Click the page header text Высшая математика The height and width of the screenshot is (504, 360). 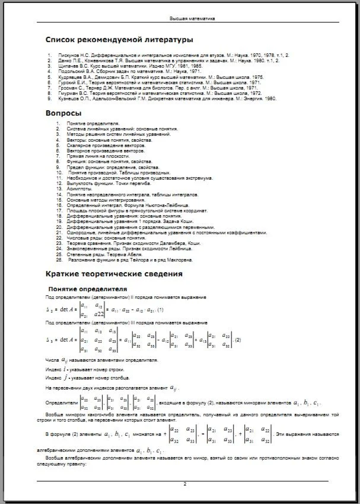coord(192,19)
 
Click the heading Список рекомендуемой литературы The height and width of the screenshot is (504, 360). coord(119,40)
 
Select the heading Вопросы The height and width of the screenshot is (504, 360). coord(63,112)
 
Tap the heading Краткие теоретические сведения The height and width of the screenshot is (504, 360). coord(114,274)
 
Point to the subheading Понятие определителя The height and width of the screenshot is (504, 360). coord(90,288)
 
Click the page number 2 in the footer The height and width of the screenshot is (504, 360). coord(184,484)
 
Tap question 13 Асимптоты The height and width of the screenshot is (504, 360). coord(79,189)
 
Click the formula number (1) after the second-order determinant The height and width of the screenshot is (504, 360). coord(161,310)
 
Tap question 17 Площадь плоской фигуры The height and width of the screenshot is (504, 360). coord(136,210)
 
